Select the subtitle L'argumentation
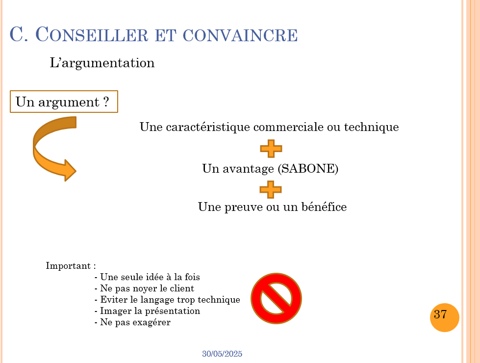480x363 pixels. [x=102, y=63]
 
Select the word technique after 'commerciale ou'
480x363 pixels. [x=371, y=127]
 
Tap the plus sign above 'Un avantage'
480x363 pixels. [x=271, y=148]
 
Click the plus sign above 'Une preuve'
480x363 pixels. [x=271, y=189]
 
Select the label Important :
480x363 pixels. [x=71, y=266]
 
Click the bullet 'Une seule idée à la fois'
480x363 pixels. [x=147, y=277]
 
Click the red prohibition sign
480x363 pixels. [x=276, y=298]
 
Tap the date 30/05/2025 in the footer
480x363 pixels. [x=222, y=354]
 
